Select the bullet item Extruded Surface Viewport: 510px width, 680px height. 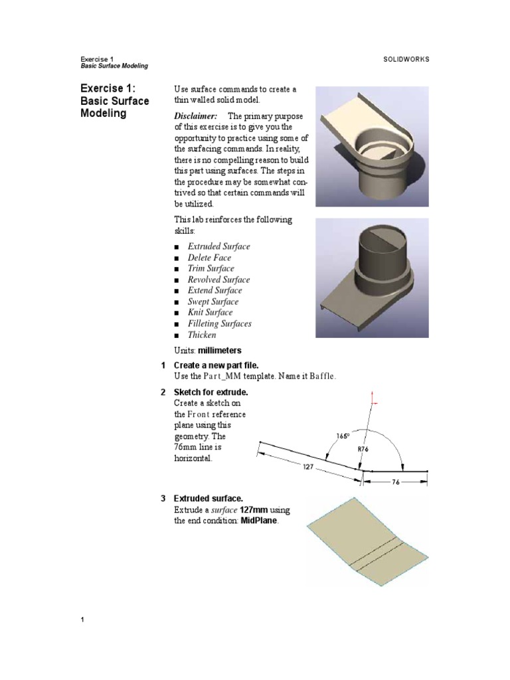tap(218, 246)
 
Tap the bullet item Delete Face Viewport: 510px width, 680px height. tap(210, 258)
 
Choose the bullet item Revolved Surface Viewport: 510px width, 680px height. tap(218, 280)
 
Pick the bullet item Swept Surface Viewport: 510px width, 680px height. tap(212, 301)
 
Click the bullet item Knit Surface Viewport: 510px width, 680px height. tap(210, 312)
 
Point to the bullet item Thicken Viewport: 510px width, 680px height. tap(202, 335)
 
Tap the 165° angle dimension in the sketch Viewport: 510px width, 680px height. tap(343, 436)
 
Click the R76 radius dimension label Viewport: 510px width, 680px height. tap(363, 449)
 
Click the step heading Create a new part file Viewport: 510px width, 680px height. tap(215, 366)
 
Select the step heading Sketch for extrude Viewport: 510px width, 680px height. tap(211, 392)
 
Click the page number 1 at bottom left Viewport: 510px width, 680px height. tap(82, 620)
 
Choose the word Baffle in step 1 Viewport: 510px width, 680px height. tap(321, 377)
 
